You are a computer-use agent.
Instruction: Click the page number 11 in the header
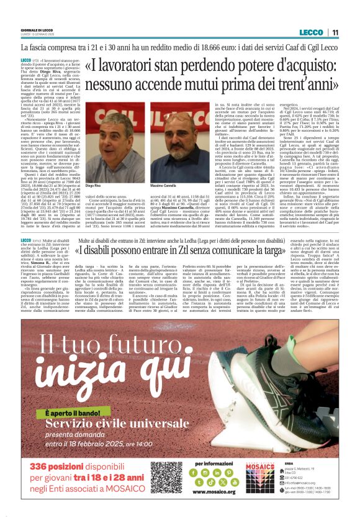[335, 32]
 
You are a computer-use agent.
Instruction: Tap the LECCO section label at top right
[310, 32]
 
